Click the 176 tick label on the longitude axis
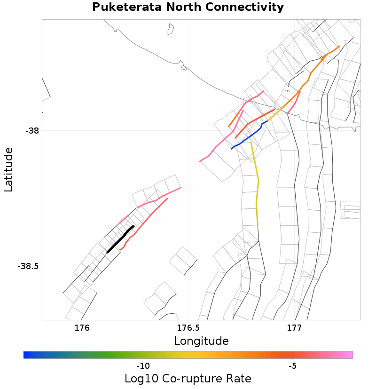[x=82, y=327]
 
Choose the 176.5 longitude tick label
[x=188, y=327]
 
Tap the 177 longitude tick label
[x=294, y=327]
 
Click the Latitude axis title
[x=8, y=169]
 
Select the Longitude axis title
[x=201, y=341]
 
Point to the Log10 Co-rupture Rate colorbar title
[x=188, y=378]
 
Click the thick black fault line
[x=120, y=239]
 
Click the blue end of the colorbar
[x=26, y=355]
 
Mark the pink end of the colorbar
[x=350, y=355]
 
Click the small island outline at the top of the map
[x=171, y=30]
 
